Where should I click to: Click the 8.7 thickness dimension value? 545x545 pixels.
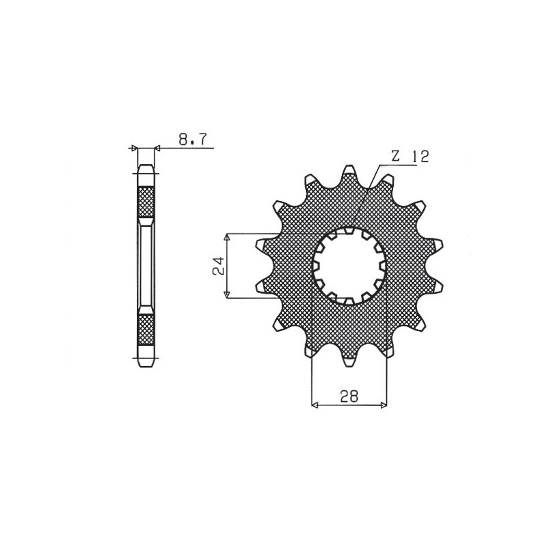tap(194, 140)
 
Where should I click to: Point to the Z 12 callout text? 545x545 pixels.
tap(409, 156)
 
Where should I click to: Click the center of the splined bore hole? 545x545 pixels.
tap(349, 265)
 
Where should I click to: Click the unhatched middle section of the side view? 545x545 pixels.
tap(146, 265)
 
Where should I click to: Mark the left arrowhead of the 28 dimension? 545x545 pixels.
tap(315, 405)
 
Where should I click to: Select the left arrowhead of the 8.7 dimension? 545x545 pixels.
tap(134, 147)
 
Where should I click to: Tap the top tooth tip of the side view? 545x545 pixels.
tap(146, 168)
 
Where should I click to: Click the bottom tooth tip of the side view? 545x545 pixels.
tap(146, 362)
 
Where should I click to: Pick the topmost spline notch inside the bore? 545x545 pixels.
tap(349, 231)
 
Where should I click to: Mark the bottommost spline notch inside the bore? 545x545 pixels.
tap(349, 300)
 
